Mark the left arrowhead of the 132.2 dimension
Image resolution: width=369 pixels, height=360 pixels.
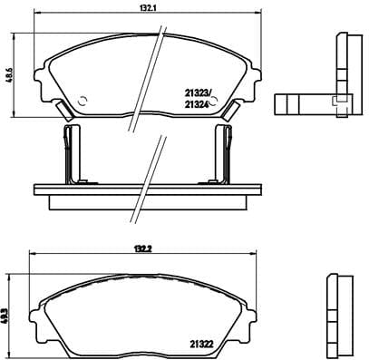point(31,253)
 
